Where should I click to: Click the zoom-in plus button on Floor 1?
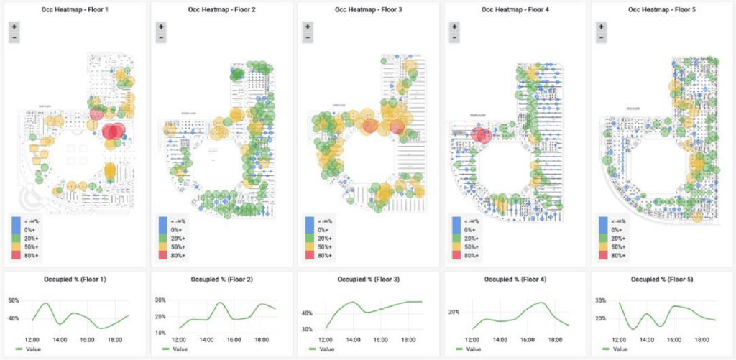pos(14,26)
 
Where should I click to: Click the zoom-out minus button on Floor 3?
pos(307,37)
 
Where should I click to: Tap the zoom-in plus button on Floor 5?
pos(600,26)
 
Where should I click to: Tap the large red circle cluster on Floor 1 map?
pos(112,131)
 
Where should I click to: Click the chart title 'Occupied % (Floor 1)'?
pos(74,279)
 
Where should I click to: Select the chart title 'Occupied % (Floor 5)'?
pos(661,279)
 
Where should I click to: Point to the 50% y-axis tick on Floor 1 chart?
pos(14,300)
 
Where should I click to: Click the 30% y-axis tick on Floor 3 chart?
pos(307,329)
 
